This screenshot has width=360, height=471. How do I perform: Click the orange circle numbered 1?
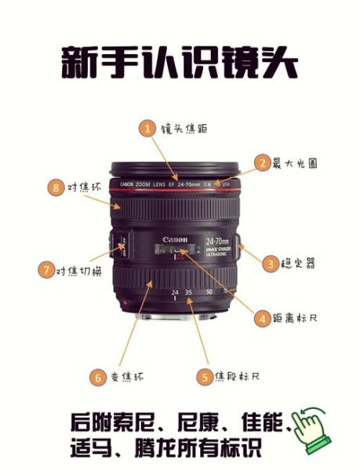pos(147,128)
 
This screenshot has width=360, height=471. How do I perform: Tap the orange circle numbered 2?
pos(262,164)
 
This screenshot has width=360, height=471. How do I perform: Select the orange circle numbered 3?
pos(271,264)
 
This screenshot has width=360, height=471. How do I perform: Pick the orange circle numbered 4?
pos(262,318)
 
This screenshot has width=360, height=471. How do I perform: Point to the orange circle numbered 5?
pos(204,377)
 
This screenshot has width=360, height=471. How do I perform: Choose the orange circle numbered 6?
pos(97,377)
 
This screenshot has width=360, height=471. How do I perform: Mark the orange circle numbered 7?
pos(45,270)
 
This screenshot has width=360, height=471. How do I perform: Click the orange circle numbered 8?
pos(55,188)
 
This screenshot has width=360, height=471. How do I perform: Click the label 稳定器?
pos(300,265)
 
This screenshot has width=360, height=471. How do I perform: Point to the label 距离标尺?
pos(296,319)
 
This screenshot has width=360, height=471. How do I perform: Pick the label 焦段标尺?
pos(238,378)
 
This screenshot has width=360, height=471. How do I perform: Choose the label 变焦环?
pos(126,378)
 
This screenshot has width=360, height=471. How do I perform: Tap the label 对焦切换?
pos(79,271)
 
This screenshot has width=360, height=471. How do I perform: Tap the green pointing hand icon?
pos(311,430)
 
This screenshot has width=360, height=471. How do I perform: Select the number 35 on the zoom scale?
pos(188,292)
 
